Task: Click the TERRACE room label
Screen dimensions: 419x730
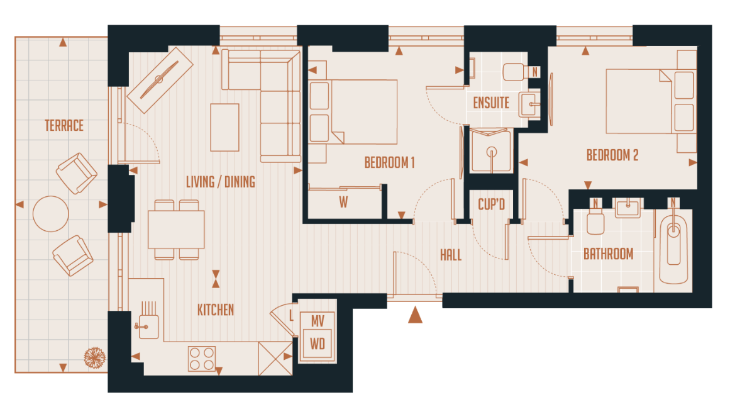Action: (x=64, y=125)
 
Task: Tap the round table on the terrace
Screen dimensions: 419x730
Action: (x=50, y=215)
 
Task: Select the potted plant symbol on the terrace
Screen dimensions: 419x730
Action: (x=94, y=358)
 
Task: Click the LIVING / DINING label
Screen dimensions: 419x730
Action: (x=220, y=182)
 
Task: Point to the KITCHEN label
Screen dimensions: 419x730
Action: (x=216, y=310)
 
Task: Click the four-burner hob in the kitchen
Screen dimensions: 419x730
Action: (x=201, y=359)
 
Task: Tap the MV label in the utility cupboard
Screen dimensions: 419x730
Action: (x=318, y=321)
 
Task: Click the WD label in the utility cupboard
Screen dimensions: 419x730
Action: (x=318, y=344)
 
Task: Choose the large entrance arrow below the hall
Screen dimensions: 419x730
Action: (x=414, y=315)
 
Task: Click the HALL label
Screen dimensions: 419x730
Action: (x=450, y=255)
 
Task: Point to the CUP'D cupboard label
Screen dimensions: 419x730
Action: (x=491, y=204)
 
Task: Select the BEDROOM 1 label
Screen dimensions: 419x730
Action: (x=389, y=163)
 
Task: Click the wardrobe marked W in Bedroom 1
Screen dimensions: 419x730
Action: (x=343, y=203)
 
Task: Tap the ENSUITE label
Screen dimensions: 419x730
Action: (x=491, y=103)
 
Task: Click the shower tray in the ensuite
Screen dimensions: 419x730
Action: (x=490, y=151)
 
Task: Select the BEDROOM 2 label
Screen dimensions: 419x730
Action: (x=612, y=155)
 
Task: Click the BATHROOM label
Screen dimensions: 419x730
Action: (x=608, y=254)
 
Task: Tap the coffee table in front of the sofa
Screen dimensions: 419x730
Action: (x=224, y=127)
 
